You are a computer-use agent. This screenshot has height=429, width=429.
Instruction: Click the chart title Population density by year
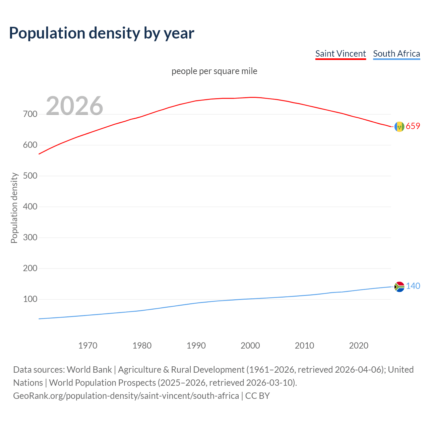[x=102, y=33]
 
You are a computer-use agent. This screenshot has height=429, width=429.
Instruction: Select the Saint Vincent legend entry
[x=341, y=54]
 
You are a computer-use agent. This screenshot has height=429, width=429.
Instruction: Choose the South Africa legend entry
[x=396, y=54]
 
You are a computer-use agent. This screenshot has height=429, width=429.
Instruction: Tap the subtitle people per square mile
[x=214, y=71]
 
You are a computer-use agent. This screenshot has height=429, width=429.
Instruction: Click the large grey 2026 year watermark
[x=74, y=106]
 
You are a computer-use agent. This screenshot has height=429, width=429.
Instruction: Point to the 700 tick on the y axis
[x=30, y=114]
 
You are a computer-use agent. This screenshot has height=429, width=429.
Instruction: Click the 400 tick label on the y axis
[x=30, y=207]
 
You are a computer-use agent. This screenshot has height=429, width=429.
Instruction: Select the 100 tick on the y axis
[x=30, y=299]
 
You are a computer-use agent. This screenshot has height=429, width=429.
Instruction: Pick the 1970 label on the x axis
[x=88, y=346]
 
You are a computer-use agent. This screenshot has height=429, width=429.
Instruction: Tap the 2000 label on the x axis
[x=250, y=346]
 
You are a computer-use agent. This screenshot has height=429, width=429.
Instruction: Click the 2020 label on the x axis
[x=359, y=346]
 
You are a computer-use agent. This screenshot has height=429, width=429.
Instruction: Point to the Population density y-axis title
[x=14, y=208]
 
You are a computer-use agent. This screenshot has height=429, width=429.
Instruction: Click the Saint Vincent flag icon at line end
[x=399, y=127]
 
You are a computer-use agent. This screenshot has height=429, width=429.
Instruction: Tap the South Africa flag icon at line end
[x=399, y=287]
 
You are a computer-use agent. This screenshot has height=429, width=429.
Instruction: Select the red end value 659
[x=413, y=126]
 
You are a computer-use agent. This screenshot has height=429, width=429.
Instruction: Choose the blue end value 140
[x=413, y=286]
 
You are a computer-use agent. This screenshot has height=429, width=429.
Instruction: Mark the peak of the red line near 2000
[x=253, y=97]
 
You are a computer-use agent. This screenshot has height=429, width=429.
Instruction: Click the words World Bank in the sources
[x=89, y=370]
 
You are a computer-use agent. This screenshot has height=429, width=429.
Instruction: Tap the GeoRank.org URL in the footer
[x=126, y=396]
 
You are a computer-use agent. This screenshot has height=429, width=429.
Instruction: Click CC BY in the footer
[x=257, y=396]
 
